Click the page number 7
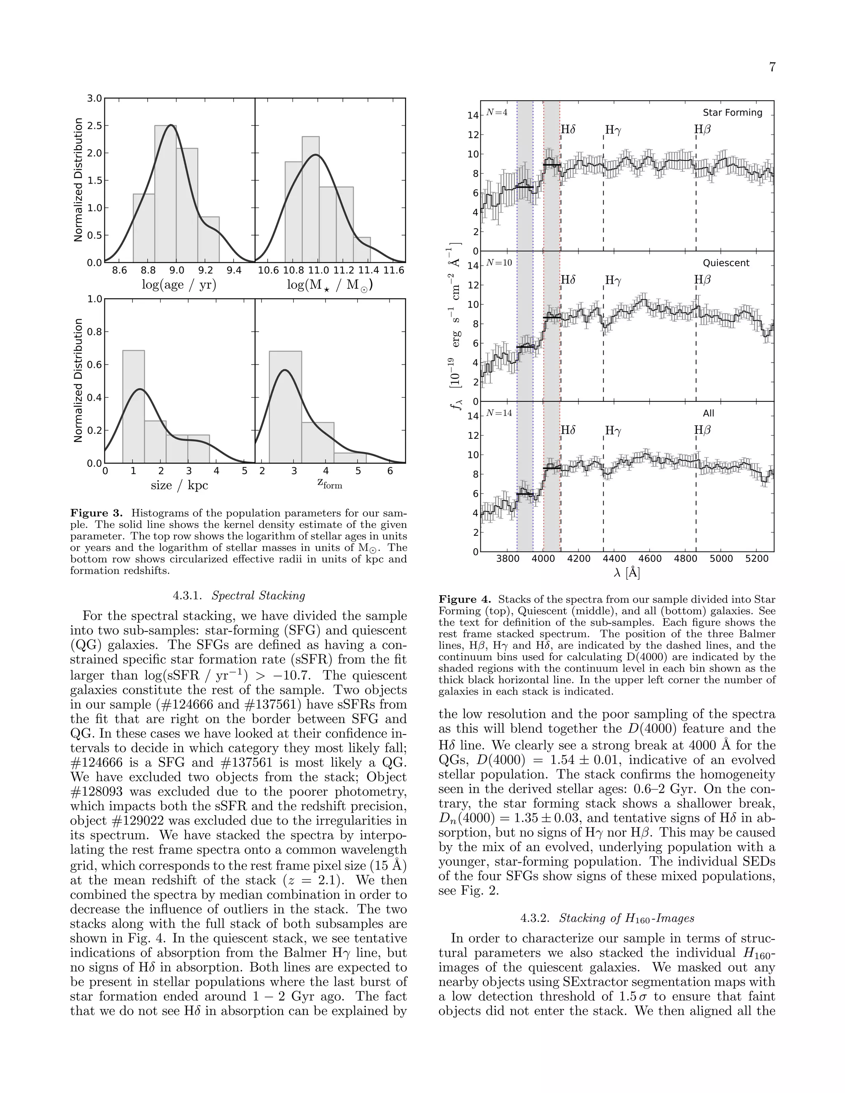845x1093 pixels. (x=772, y=67)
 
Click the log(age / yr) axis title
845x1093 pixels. (x=179, y=285)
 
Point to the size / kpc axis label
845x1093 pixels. (x=179, y=485)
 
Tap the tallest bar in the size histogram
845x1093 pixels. (x=134, y=406)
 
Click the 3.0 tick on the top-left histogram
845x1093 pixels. (x=94, y=99)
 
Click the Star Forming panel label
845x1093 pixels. (x=732, y=113)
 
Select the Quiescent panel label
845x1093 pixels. (x=726, y=263)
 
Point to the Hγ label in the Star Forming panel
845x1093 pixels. (x=613, y=130)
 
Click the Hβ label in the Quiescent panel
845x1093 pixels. (x=702, y=280)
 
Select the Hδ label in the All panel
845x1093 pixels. (x=568, y=430)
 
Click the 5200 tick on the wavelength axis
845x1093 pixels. (x=756, y=558)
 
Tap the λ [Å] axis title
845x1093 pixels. (x=627, y=572)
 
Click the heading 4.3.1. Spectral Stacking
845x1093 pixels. (x=239, y=596)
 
